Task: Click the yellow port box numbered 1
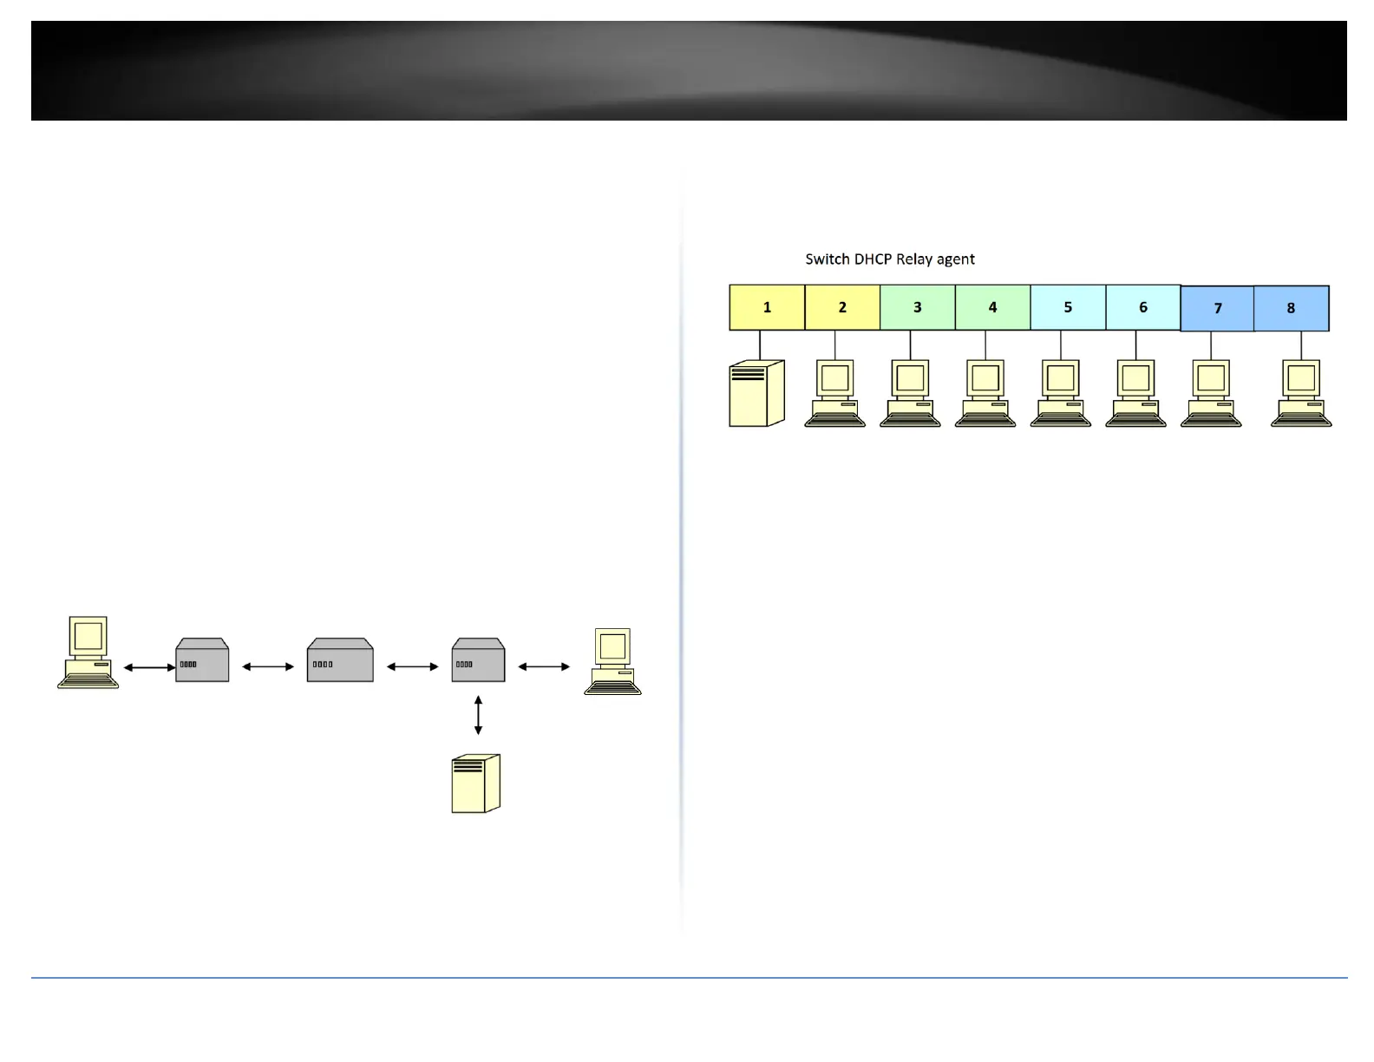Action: click(x=767, y=307)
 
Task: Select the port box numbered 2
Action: click(x=842, y=307)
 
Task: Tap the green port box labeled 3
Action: click(x=918, y=307)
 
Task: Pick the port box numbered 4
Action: click(x=992, y=307)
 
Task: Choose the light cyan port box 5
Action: click(x=1068, y=307)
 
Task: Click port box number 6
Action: click(x=1143, y=307)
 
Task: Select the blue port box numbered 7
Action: click(x=1218, y=308)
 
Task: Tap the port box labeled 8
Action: click(x=1291, y=308)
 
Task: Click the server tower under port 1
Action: click(x=756, y=394)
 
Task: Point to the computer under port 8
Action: click(x=1301, y=394)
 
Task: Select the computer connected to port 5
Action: click(x=1060, y=394)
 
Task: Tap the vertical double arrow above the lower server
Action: click(x=478, y=715)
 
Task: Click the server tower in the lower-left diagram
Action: click(x=476, y=783)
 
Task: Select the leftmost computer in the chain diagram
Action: click(x=88, y=652)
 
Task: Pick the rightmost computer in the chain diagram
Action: click(x=613, y=662)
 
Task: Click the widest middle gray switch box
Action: click(x=340, y=661)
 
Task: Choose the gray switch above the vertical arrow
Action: click(x=478, y=661)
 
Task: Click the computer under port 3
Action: click(x=910, y=394)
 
